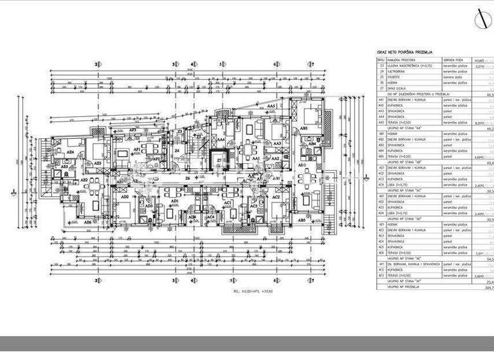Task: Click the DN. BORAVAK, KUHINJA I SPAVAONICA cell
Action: click(412, 264)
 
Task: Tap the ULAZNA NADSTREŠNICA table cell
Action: click(405, 65)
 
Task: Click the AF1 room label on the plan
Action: click(137, 149)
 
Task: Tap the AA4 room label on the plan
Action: click(221, 139)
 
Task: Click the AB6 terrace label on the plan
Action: click(88, 221)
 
